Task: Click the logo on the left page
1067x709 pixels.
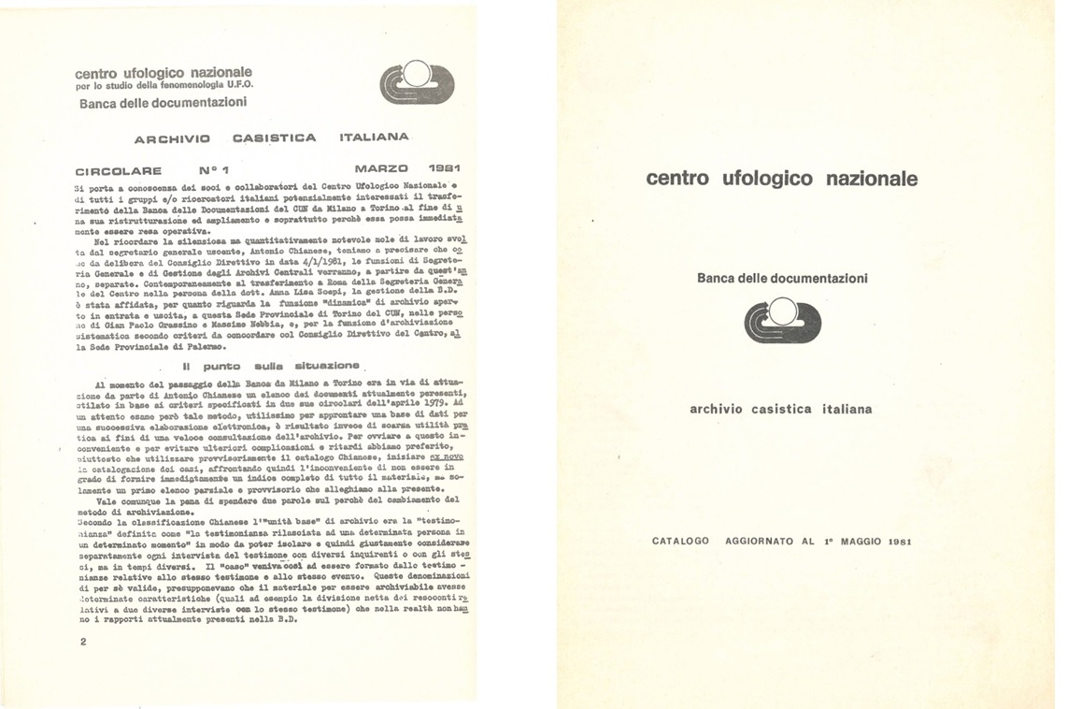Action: coord(418,82)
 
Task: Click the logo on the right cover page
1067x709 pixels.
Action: coord(782,320)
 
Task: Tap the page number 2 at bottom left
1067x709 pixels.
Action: coord(83,642)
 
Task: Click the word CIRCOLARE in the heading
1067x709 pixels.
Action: coord(119,171)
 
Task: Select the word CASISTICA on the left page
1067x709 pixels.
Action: coord(274,137)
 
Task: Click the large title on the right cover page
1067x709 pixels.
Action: coord(781,178)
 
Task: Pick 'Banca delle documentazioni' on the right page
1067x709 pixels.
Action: coord(782,278)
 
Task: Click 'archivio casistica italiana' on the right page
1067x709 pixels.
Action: coord(781,409)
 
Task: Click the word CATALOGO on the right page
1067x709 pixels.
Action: coord(681,541)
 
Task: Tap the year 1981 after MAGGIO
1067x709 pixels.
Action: coord(900,541)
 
